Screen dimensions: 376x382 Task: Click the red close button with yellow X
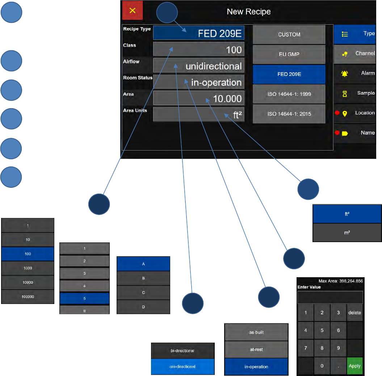(x=133, y=10)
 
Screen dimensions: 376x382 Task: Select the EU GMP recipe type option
(x=289, y=54)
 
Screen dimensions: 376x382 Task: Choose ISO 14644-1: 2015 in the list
(x=289, y=114)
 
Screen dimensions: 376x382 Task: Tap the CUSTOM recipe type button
(x=289, y=35)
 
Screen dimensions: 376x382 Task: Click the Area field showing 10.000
(x=198, y=98)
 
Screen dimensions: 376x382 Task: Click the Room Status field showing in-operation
(x=198, y=82)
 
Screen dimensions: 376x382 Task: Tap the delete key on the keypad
(x=354, y=313)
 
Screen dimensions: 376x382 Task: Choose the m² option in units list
(x=347, y=233)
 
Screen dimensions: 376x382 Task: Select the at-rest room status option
(x=256, y=350)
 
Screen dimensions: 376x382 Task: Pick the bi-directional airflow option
(x=182, y=351)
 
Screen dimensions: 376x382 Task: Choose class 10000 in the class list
(x=28, y=282)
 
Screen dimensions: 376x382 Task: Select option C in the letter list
(x=143, y=292)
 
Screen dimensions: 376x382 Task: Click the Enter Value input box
(x=330, y=297)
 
